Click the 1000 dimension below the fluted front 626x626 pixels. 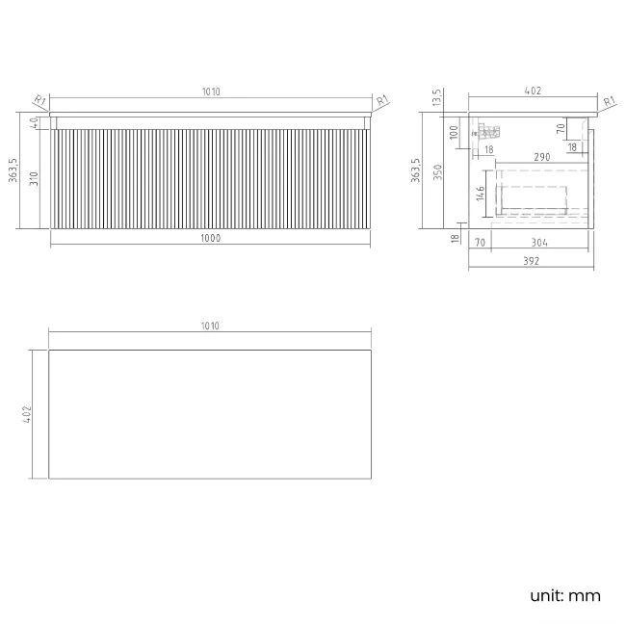210,238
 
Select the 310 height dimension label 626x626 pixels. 34,178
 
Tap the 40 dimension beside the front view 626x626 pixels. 35,122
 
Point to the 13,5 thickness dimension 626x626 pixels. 437,97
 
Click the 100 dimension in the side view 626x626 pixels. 454,132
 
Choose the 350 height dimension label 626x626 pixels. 438,172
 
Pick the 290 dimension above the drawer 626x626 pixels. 542,157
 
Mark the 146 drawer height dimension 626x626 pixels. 481,194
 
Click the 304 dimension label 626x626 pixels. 539,243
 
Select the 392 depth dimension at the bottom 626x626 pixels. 532,261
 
